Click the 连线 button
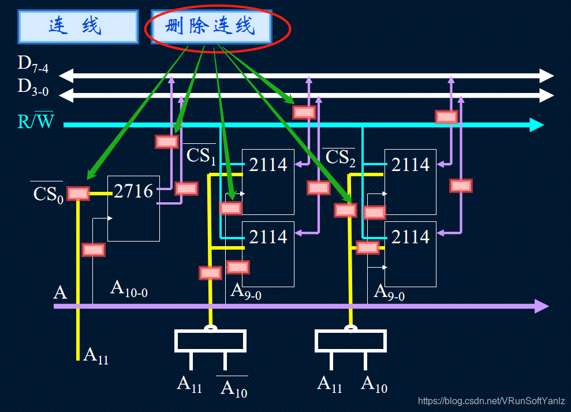78,27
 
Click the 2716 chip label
133,191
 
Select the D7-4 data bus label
33,65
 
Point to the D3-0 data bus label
33,88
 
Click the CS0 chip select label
47,193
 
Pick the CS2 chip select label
339,157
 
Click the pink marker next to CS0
78,194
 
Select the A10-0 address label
129,288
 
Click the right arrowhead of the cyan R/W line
538,125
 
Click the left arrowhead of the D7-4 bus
65,75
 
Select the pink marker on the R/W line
446,117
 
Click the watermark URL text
491,401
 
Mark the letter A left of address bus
60,292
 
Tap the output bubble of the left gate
211,328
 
